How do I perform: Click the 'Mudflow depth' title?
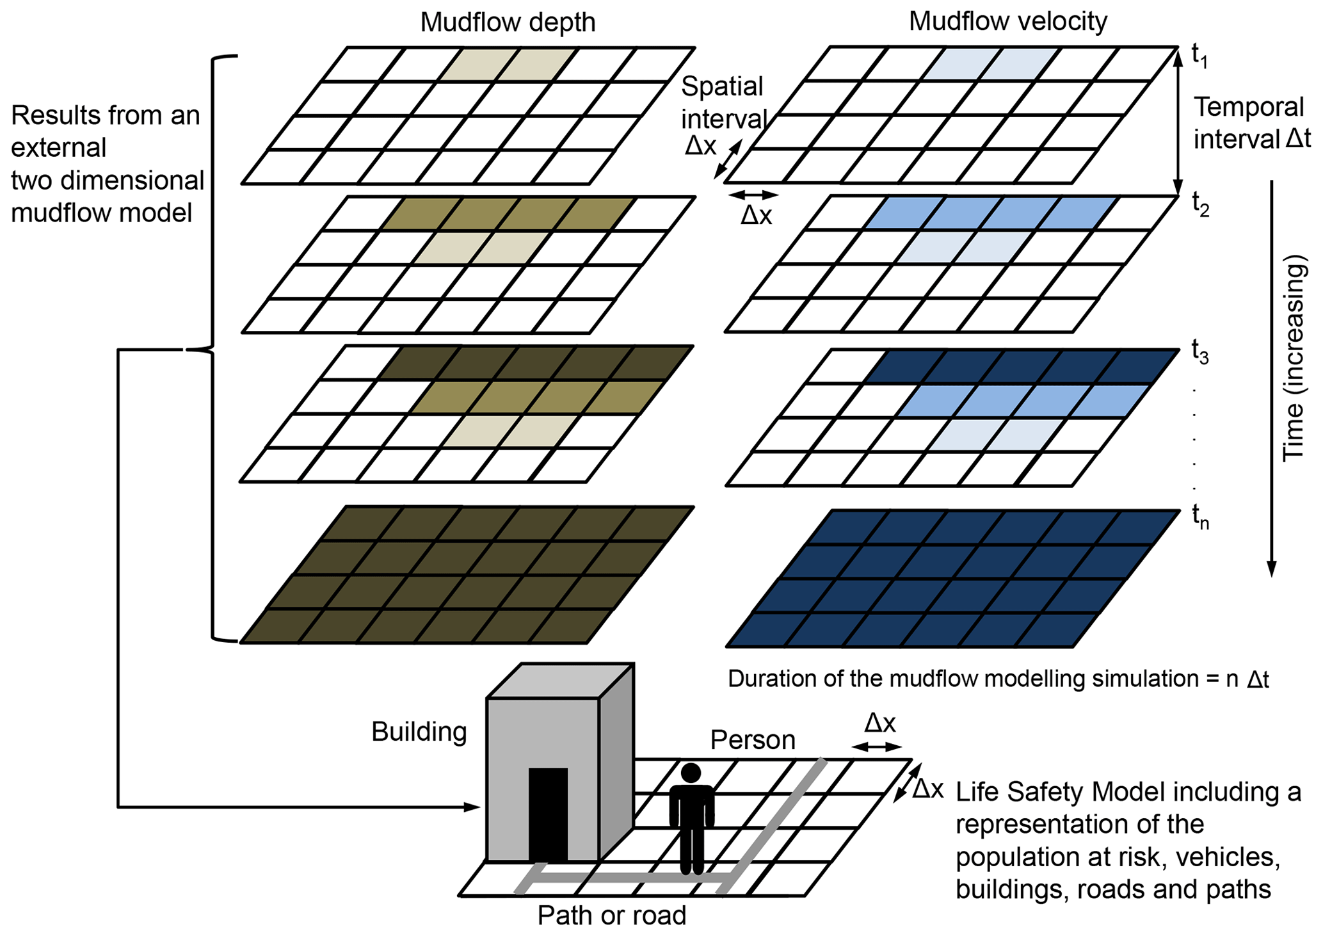click(508, 23)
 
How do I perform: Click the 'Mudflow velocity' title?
click(1007, 22)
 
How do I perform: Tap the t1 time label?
click(1199, 56)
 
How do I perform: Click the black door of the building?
click(548, 813)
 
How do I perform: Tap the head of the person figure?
click(691, 773)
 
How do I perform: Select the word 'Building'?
click(419, 732)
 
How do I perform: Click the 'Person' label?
click(753, 741)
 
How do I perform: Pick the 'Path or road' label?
click(611, 916)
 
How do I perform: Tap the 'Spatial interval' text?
click(723, 102)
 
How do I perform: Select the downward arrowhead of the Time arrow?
click(1272, 569)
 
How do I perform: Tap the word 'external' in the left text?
click(59, 148)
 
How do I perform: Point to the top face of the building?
click(560, 681)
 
